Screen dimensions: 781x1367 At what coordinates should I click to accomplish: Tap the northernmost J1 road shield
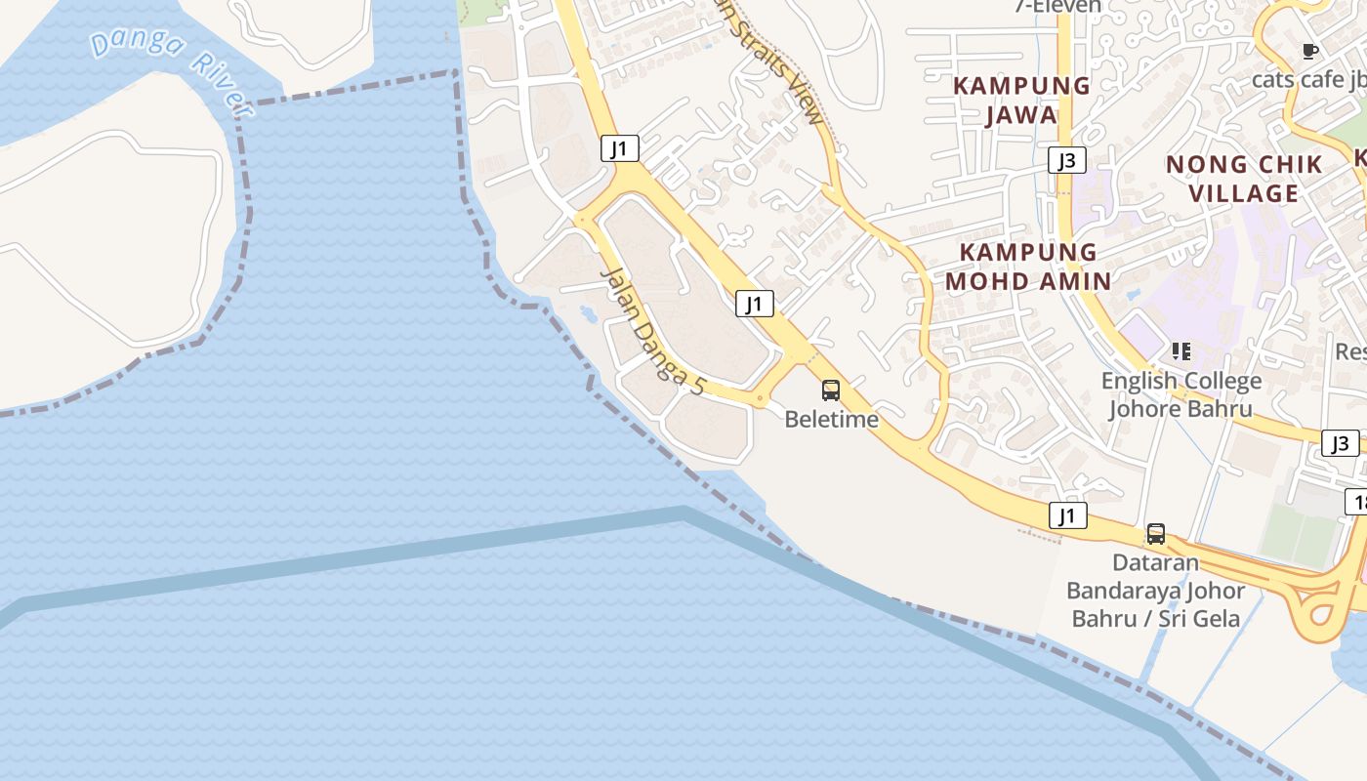pos(619,148)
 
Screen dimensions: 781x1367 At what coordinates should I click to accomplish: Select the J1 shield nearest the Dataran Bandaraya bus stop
pos(1067,515)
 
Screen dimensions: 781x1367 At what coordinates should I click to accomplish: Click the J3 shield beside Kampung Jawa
pos(1066,160)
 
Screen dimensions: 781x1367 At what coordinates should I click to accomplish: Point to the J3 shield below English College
pos(1340,443)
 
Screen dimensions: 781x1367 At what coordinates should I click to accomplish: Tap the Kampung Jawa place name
pos(1021,100)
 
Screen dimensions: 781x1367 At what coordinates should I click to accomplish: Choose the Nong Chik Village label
pos(1244,178)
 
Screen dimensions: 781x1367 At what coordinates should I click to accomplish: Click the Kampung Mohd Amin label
pos(1028,267)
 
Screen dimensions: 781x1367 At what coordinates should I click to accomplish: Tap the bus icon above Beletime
pos(830,390)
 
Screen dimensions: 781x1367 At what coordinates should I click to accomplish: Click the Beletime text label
pos(831,420)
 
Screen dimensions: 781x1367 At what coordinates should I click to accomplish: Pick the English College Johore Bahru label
pos(1181,393)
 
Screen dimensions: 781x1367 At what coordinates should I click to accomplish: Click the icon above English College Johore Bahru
pos(1181,351)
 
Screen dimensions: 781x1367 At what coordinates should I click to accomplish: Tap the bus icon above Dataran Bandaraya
pos(1156,534)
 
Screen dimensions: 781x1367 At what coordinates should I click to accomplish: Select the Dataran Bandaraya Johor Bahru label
pos(1156,590)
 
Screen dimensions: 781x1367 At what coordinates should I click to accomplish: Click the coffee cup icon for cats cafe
pos(1310,51)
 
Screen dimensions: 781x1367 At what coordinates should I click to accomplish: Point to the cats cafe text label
pos(1308,79)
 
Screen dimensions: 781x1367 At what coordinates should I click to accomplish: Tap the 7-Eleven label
pos(1057,6)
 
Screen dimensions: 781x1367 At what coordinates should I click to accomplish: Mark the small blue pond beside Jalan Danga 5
pos(589,313)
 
